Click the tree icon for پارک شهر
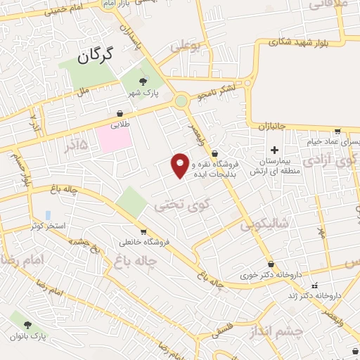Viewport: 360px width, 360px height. point(143,83)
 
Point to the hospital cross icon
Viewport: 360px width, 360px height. point(274,150)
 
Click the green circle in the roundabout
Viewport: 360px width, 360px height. point(183,101)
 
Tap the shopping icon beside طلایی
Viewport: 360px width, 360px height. point(120,113)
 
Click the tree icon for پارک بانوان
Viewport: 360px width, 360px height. point(27,325)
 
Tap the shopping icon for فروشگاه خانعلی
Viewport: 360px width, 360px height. point(143,232)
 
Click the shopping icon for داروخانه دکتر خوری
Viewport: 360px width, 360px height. point(271,264)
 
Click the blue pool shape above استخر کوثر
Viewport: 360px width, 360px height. point(48,214)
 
